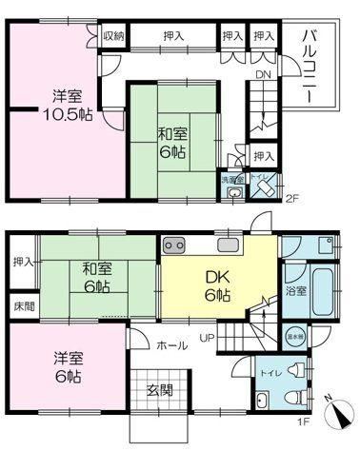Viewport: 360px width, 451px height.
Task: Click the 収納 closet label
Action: coord(112,35)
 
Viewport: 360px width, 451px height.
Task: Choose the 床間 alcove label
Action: coord(23,307)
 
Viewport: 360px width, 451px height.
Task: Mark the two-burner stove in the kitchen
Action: coord(175,245)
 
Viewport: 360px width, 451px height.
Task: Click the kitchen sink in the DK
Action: coord(229,245)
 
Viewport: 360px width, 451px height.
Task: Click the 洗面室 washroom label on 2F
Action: coord(232,178)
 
